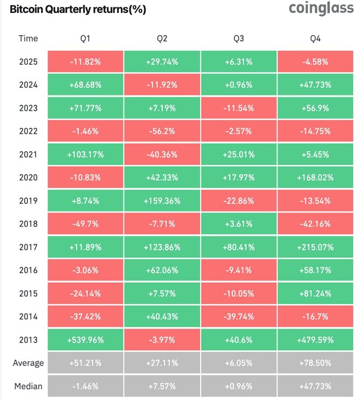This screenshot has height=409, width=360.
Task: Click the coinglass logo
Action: (x=321, y=9)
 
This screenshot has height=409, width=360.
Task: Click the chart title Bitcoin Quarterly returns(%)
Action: (x=78, y=9)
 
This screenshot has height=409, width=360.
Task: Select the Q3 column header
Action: (x=239, y=39)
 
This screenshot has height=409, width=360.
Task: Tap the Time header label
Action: (x=28, y=38)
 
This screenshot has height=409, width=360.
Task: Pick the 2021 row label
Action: (x=28, y=154)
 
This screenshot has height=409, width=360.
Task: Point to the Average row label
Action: (x=28, y=363)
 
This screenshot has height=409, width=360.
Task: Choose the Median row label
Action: (x=28, y=386)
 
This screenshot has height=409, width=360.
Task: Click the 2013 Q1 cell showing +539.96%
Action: (x=86, y=339)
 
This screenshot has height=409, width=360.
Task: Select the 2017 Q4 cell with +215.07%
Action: (x=315, y=247)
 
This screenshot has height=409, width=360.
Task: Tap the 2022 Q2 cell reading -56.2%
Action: (x=162, y=131)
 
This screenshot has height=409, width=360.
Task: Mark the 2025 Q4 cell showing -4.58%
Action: (x=315, y=62)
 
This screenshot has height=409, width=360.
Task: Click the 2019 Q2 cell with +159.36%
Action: (x=162, y=201)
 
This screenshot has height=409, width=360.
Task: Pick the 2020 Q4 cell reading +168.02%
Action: (x=315, y=178)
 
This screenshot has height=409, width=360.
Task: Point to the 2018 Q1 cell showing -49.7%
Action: (x=86, y=224)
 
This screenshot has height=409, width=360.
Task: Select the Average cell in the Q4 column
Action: (x=315, y=363)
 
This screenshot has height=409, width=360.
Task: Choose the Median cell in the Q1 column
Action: (x=86, y=386)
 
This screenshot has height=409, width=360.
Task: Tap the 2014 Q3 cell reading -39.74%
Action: (x=239, y=316)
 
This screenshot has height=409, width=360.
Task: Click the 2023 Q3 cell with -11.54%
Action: (x=239, y=108)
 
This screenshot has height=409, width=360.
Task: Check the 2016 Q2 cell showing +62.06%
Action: (x=162, y=270)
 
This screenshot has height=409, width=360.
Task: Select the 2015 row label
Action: (x=28, y=294)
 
